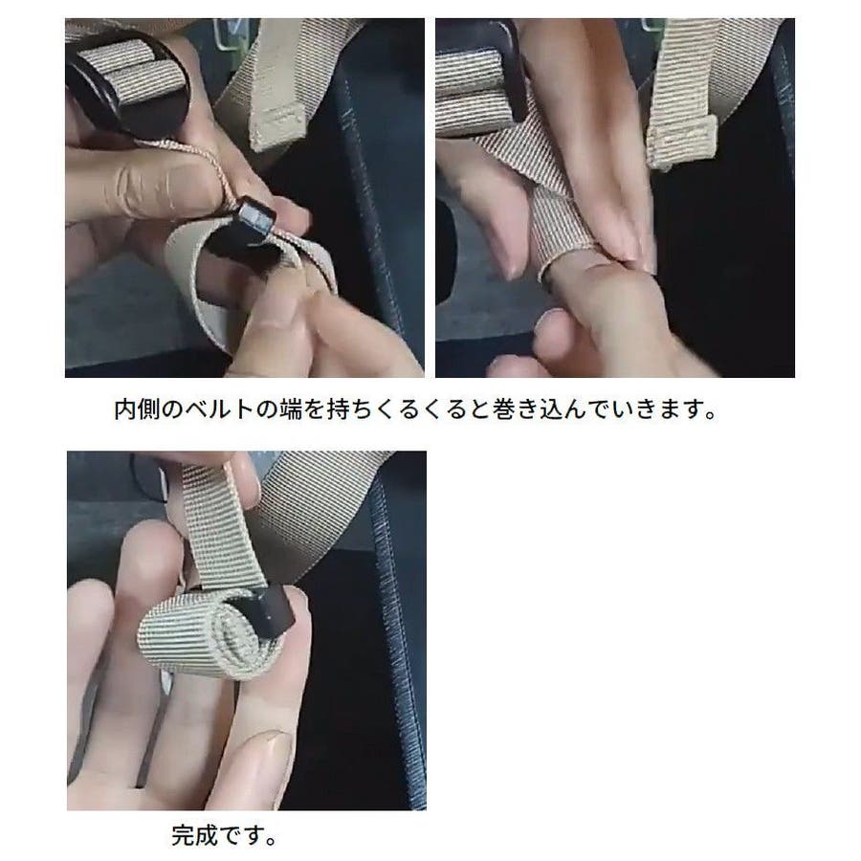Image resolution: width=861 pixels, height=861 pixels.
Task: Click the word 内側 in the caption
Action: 137,409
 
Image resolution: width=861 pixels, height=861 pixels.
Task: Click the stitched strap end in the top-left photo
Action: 277,125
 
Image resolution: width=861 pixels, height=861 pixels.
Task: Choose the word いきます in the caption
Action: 667,409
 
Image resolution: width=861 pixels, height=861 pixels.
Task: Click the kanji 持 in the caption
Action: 339,409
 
